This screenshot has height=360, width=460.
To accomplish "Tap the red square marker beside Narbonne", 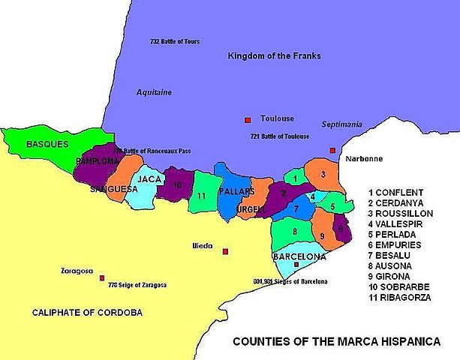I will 332,151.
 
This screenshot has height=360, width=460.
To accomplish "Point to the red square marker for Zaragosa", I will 102,277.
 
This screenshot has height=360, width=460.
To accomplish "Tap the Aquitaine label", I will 154,92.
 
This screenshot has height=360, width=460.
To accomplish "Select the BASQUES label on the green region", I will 47,143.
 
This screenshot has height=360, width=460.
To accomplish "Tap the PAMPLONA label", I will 97,161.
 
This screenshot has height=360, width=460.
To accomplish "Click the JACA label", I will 150,179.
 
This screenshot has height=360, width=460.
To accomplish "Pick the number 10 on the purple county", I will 177,184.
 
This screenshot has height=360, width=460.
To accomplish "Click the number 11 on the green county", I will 202,196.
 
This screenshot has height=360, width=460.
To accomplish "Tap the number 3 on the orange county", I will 322,175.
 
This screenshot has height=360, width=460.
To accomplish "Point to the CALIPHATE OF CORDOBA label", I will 86,312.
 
